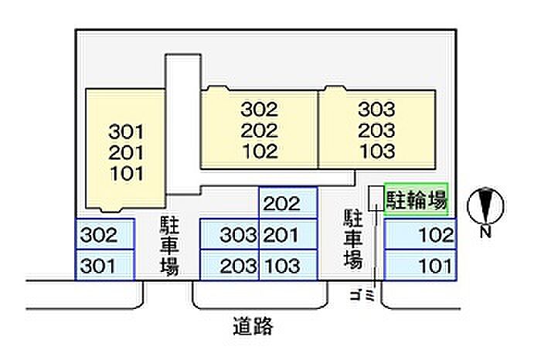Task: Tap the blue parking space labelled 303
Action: pos(229,235)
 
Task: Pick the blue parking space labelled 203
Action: pos(229,267)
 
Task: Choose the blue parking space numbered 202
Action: pos(288,204)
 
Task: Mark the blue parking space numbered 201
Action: pos(288,235)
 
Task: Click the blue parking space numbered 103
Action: pos(288,267)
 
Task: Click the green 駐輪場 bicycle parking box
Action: pos(417,202)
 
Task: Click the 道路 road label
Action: pos(252,326)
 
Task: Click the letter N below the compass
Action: pos(486,231)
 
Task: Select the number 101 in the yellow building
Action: pos(127,173)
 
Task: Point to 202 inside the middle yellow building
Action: pos(259,131)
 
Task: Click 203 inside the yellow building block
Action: pos(376,131)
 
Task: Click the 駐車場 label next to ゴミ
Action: pos(352,239)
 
